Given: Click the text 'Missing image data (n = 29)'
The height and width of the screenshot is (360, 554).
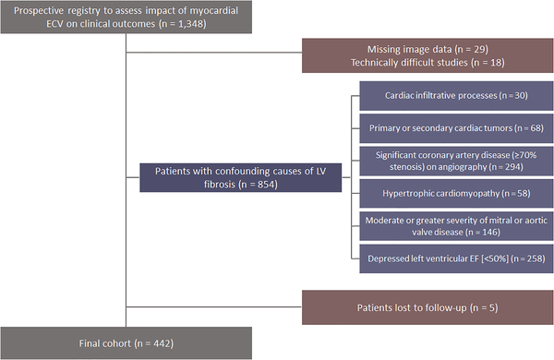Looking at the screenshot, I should coord(427,47).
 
